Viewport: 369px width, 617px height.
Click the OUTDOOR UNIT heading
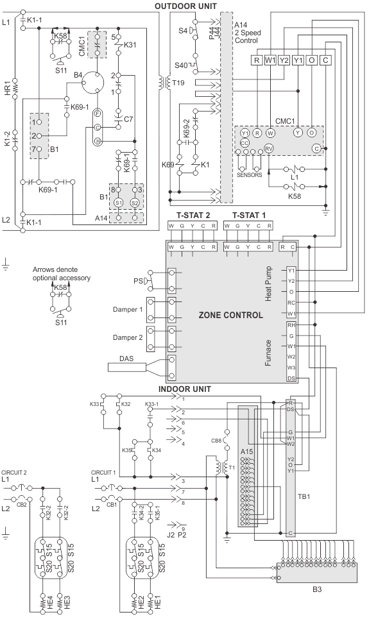[185, 6]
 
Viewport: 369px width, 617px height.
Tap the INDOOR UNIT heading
[185, 389]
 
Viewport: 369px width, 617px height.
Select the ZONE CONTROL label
[231, 315]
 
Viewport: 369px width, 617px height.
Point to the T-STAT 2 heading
[193, 216]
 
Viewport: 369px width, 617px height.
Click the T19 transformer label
[178, 83]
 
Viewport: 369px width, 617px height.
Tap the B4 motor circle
[93, 82]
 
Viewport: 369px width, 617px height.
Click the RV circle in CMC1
[269, 148]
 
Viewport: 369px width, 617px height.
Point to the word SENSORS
[249, 174]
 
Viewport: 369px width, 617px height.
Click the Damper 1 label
[128, 309]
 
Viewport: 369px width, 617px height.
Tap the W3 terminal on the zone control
[291, 368]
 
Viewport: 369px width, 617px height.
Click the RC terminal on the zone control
[291, 303]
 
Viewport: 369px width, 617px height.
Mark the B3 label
[317, 589]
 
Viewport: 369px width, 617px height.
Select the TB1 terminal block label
[304, 496]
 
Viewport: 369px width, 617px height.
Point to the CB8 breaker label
[216, 441]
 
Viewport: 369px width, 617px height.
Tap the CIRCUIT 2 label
[14, 472]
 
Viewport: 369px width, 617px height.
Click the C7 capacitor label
[128, 119]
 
